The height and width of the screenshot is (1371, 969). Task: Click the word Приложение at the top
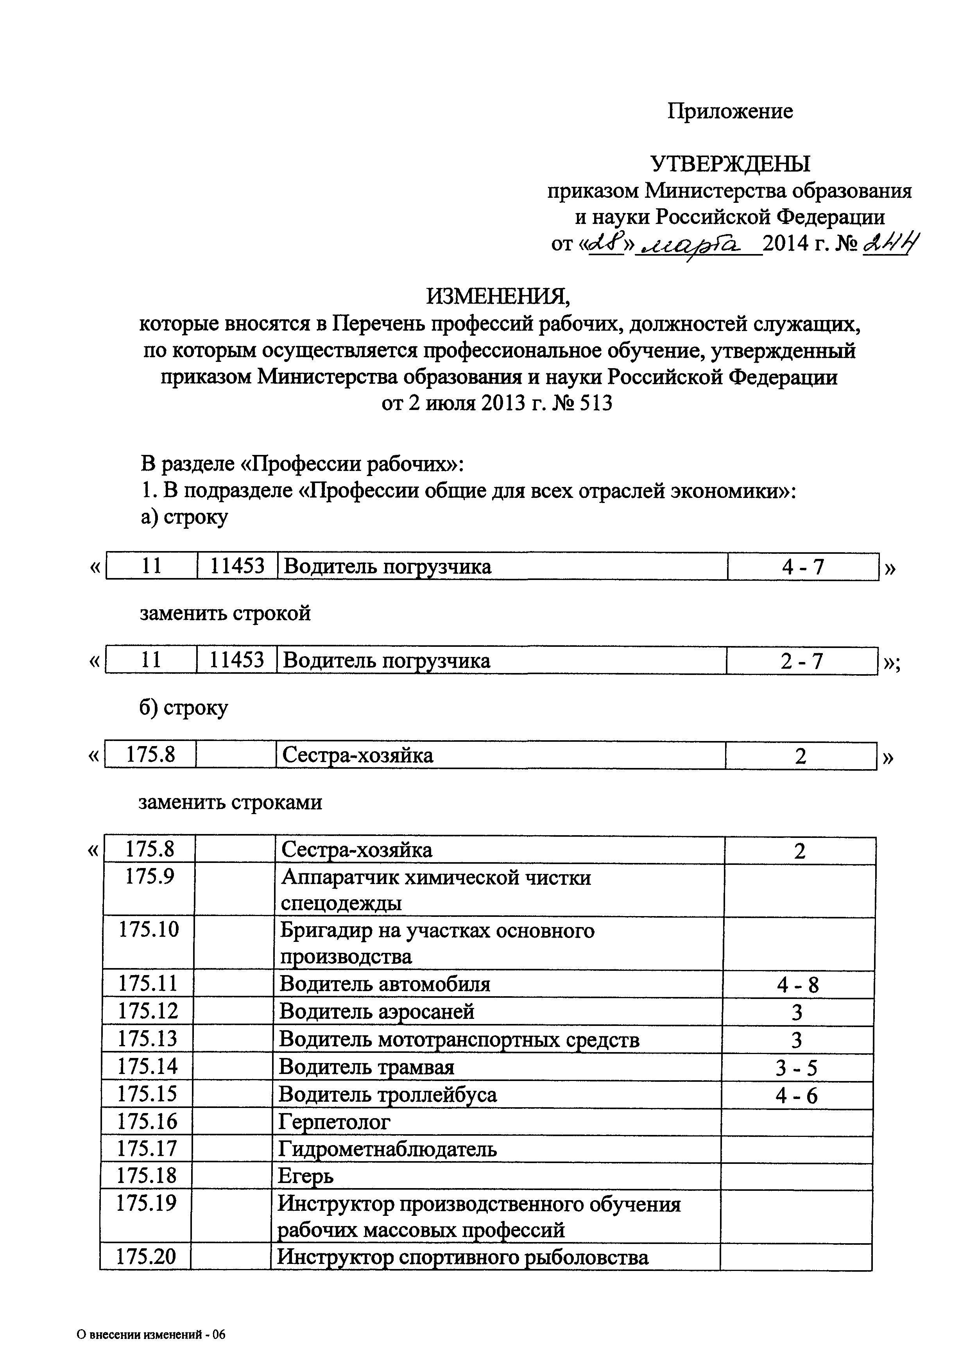point(730,111)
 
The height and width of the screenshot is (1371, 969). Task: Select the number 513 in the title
point(593,404)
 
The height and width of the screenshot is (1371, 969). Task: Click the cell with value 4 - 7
point(802,566)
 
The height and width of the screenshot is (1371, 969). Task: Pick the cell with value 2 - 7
point(801,661)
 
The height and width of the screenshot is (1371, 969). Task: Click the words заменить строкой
point(225,613)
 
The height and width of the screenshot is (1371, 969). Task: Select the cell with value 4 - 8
point(798,984)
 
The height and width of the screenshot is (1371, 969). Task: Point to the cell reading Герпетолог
point(334,1122)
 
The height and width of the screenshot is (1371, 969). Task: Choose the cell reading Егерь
point(306,1176)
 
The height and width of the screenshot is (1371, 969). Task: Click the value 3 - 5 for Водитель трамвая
point(797,1067)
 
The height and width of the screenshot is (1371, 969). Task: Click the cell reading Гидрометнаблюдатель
point(387,1149)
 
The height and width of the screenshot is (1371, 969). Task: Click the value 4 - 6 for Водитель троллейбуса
point(797,1095)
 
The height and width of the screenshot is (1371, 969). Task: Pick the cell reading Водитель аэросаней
point(377,1011)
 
